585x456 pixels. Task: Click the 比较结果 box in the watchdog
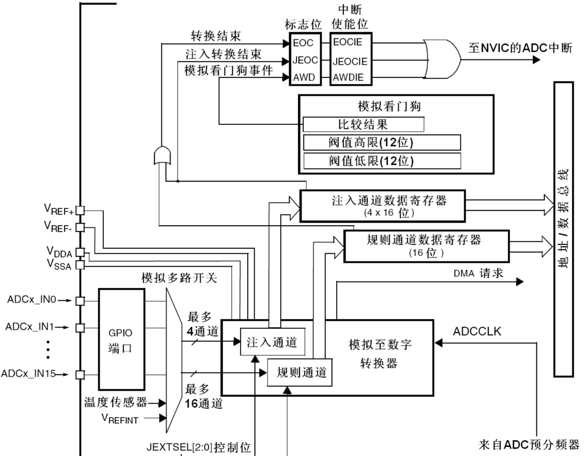pyautogui.click(x=363, y=124)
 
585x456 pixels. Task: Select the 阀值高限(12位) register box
pyautogui.click(x=382, y=142)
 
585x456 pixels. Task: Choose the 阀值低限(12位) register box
pyautogui.click(x=382, y=161)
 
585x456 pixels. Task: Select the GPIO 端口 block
pyautogui.click(x=121, y=339)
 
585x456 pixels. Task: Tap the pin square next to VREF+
pyautogui.click(x=79, y=210)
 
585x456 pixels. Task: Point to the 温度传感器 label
pyautogui.click(x=114, y=402)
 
